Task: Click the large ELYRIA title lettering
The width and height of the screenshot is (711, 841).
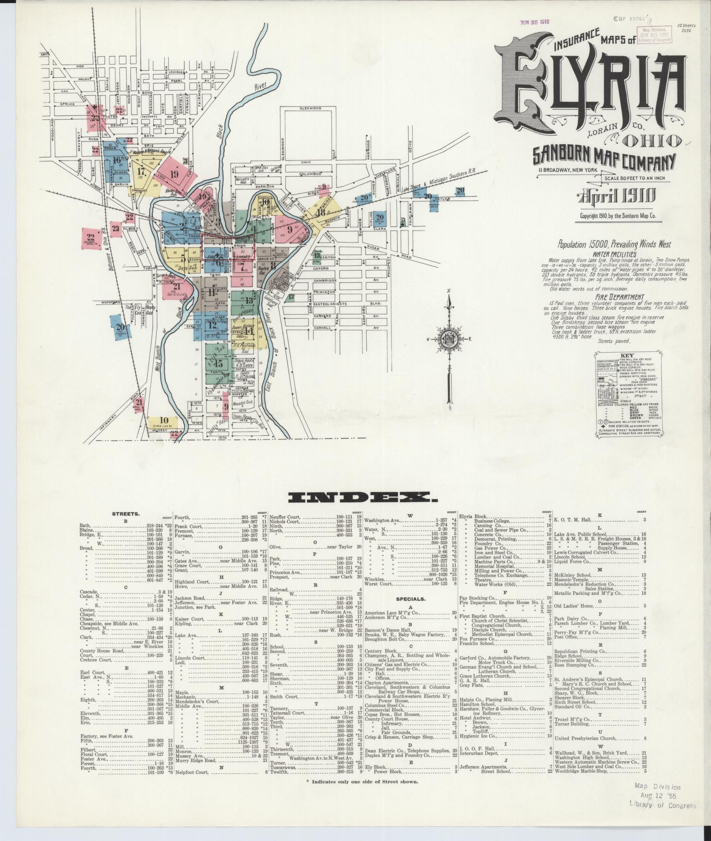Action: [590, 87]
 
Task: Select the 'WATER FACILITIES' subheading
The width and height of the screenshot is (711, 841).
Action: [614, 254]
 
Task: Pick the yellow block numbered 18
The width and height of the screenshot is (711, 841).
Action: [321, 213]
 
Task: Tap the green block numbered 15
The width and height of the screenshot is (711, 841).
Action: [219, 364]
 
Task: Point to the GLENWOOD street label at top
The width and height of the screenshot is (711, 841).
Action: [310, 108]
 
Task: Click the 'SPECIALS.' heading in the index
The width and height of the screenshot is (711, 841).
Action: [411, 599]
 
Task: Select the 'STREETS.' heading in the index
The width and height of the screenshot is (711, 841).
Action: [126, 514]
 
